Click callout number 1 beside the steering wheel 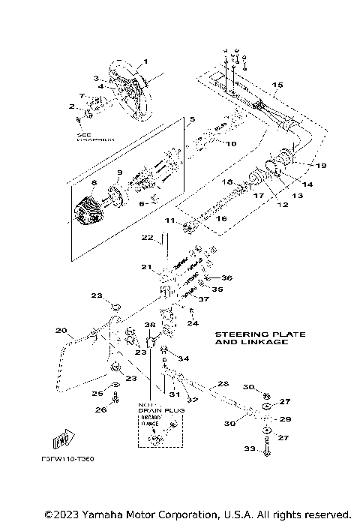point(146,61)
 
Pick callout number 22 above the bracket point(148,238)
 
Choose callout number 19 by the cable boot point(301,164)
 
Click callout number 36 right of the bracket point(227,277)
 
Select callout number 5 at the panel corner point(191,119)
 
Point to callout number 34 point(184,358)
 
